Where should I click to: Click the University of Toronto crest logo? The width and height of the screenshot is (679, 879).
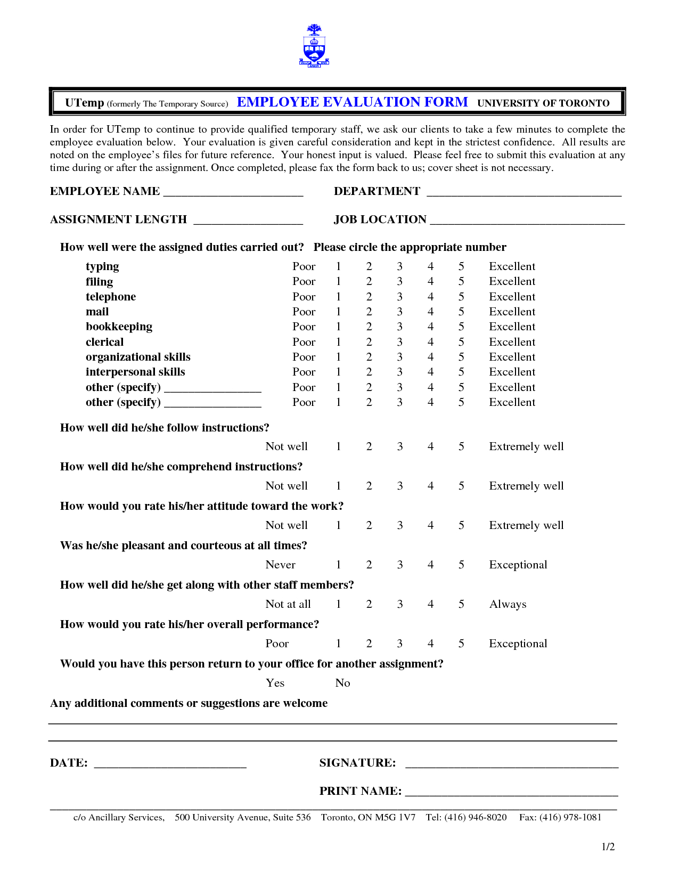point(314,46)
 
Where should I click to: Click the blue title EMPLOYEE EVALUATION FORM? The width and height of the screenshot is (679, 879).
point(352,102)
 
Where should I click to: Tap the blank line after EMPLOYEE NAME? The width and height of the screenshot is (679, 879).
point(233,193)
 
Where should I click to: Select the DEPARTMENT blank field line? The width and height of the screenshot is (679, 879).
point(524,193)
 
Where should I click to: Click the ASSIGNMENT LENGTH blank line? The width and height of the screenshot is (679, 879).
point(248,222)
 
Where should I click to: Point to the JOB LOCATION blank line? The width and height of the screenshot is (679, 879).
point(527,222)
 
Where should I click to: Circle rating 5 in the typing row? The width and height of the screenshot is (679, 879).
point(461,266)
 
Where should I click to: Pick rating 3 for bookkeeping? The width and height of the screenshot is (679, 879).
point(399,327)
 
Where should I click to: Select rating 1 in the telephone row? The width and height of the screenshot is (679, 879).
point(338,297)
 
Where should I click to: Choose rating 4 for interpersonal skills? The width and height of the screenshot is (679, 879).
point(430,372)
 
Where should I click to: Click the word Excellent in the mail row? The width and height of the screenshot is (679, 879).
point(512,312)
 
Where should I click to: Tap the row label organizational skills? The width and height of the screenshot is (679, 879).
point(138,357)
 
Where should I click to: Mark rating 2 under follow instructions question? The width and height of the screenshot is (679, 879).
point(369,446)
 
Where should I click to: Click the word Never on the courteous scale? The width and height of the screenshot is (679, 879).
point(280,565)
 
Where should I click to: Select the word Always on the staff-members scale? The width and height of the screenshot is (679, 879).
point(508,604)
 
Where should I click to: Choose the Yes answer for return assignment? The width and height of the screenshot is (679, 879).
point(275,683)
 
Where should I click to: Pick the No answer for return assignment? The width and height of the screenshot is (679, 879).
point(342,683)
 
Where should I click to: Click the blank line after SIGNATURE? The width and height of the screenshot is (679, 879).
point(511,765)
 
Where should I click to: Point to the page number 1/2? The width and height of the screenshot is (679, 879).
point(608,847)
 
